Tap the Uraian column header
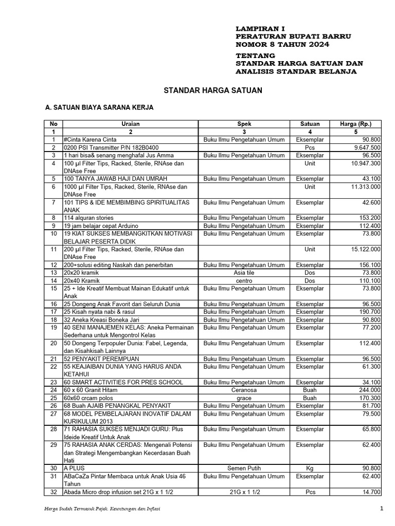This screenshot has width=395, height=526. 130,124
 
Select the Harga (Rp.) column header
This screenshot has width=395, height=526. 356,124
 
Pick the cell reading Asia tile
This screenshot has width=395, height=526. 244,273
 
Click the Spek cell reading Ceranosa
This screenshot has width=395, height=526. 244,390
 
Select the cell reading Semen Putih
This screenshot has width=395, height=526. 244,468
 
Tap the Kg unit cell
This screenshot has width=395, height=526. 310,468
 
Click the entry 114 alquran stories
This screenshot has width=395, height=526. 88,218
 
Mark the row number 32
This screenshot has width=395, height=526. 53,492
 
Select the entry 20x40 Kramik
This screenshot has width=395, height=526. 81,280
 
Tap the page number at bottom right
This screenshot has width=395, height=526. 382,509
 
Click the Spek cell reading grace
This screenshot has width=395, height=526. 244,398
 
